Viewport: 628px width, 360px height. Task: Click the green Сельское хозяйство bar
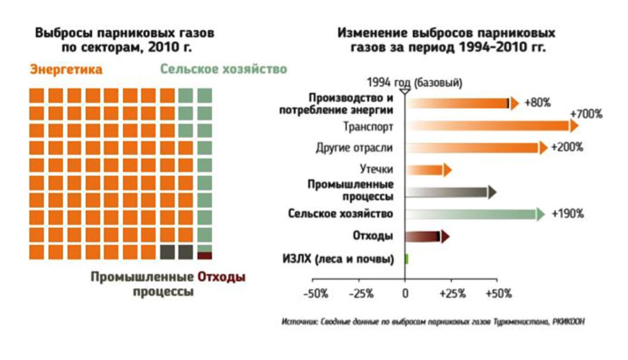tap(474, 214)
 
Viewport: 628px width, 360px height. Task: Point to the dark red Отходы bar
tap(426, 237)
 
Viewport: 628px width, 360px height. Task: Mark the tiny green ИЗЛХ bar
tap(406, 259)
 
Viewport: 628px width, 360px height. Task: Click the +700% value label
tap(586, 114)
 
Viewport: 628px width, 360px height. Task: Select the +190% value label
tap(567, 214)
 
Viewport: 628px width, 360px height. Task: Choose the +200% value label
tap(567, 148)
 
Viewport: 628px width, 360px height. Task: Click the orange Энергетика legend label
tap(66, 70)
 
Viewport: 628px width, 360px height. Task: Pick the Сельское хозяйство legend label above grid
tap(223, 70)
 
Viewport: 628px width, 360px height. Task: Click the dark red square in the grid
tap(204, 255)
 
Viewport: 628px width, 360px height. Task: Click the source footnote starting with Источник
tap(433, 322)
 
